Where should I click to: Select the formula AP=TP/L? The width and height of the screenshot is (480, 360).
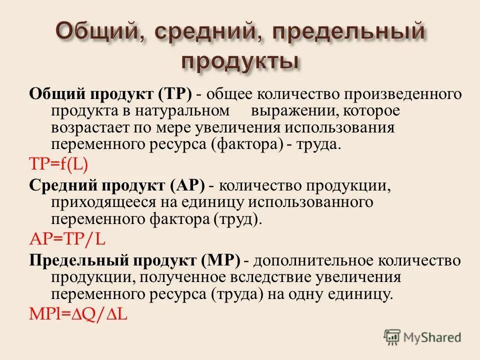click(x=67, y=239)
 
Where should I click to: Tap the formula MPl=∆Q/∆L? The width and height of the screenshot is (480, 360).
click(x=78, y=314)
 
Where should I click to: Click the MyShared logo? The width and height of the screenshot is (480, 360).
click(x=422, y=337)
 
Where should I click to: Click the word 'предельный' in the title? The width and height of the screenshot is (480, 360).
click(x=349, y=33)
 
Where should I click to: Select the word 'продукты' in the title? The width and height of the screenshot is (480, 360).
click(x=240, y=62)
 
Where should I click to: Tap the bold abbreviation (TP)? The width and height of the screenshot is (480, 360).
click(x=175, y=93)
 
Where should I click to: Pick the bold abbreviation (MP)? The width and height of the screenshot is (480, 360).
click(x=221, y=260)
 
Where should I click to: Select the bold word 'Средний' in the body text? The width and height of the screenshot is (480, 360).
click(x=63, y=185)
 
